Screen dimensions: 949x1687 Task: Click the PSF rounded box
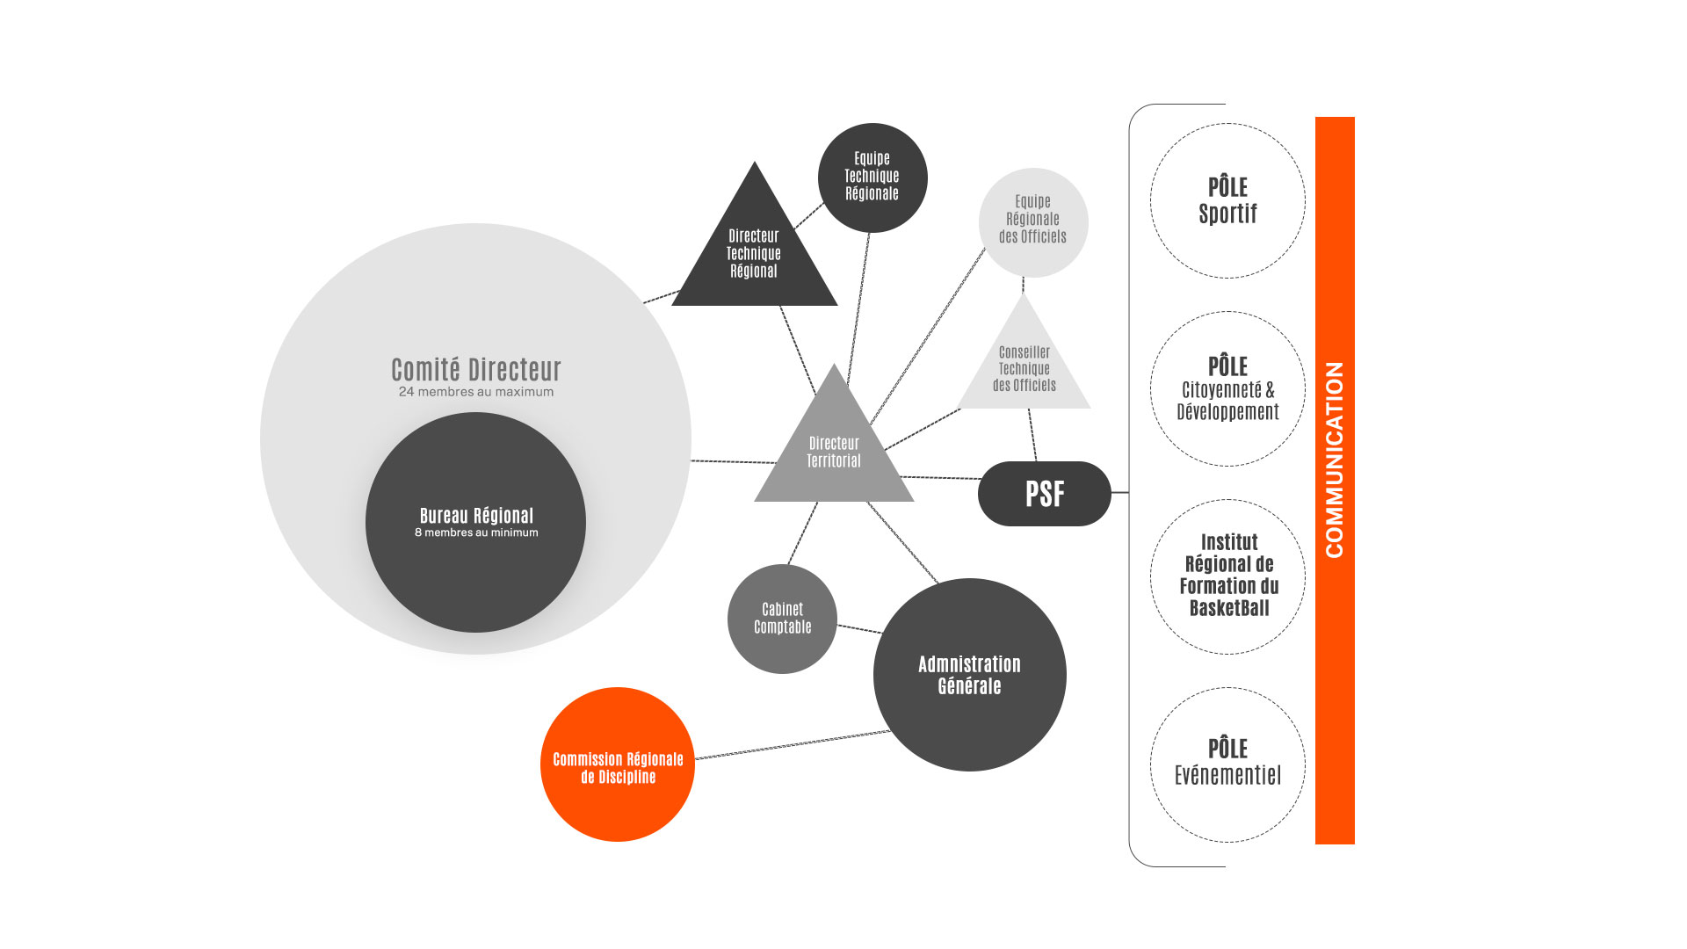tap(1044, 494)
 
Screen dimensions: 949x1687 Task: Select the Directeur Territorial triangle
tap(834, 453)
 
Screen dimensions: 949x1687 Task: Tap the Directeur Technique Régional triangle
tap(754, 254)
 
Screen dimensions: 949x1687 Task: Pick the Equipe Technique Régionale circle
tap(872, 177)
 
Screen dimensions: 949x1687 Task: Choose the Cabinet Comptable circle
tap(782, 619)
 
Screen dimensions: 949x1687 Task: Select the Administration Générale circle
tap(969, 675)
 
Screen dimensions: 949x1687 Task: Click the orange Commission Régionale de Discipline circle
tap(617, 765)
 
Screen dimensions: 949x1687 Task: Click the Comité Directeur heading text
tap(475, 369)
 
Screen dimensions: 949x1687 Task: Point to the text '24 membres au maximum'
tap(475, 392)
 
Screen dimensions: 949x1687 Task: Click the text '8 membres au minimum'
tap(476, 532)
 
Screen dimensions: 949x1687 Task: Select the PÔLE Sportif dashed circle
tap(1227, 201)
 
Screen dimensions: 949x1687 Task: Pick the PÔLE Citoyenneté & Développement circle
tap(1227, 388)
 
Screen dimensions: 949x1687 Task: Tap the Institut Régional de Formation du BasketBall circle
tap(1228, 576)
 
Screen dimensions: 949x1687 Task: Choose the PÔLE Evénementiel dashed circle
tap(1227, 764)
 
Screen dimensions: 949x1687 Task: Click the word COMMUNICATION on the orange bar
tap(1334, 460)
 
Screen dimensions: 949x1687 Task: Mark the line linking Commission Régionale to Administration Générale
tap(791, 744)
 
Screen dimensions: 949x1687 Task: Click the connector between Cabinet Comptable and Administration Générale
tap(859, 628)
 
